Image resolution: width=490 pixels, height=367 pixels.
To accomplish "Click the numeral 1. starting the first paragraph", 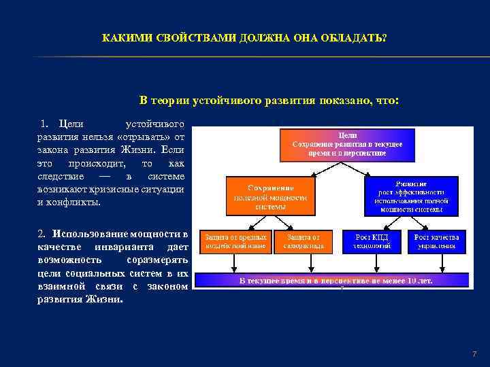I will click(46, 124).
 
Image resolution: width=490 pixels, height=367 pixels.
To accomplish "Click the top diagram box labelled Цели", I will click(338, 145).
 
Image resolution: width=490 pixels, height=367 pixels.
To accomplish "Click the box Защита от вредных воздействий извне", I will click(233, 241).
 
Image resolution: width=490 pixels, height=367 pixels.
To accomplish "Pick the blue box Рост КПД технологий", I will click(372, 241).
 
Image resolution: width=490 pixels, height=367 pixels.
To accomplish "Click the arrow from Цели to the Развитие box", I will click(391, 170).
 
